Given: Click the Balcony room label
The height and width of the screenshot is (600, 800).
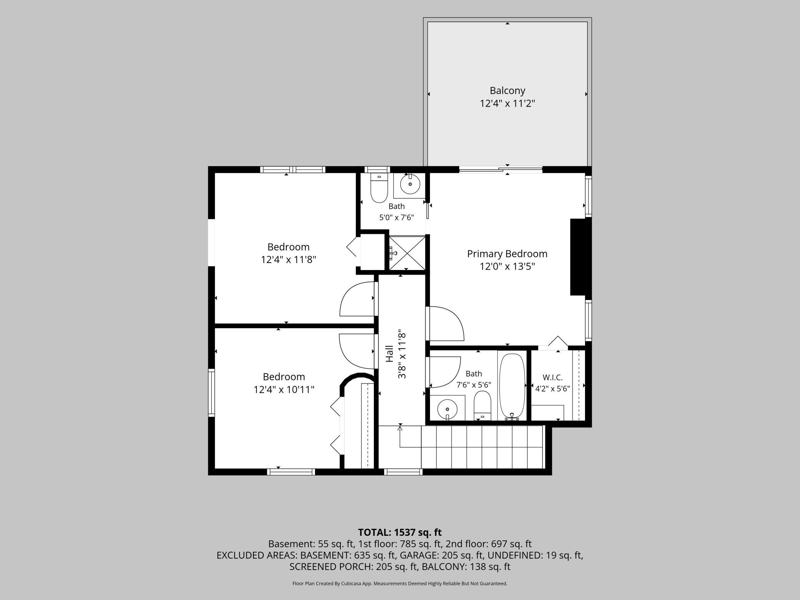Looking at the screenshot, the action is (507, 91).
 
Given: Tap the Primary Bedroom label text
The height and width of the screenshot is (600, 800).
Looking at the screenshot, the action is (507, 254).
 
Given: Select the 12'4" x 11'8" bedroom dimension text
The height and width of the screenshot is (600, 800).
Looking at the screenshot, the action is (288, 260).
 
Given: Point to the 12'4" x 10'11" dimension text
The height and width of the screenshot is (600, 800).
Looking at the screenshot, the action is (284, 390).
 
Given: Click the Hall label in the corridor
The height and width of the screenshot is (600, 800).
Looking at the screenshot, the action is (390, 353).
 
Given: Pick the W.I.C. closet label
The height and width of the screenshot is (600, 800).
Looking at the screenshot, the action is (552, 377).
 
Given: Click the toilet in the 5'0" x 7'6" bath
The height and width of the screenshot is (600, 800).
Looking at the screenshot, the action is (379, 188).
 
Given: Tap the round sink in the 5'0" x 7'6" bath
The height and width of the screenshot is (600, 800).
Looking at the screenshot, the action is (410, 184).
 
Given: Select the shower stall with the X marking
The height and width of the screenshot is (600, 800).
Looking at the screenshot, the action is (407, 253).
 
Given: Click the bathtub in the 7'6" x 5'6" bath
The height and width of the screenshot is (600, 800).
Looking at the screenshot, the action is (512, 386).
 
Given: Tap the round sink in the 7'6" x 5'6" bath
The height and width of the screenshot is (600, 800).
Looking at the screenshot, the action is (447, 407).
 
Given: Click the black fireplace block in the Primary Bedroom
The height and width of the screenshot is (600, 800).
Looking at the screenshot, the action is (580, 257).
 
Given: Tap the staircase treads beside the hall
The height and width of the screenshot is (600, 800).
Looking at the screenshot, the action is (482, 447).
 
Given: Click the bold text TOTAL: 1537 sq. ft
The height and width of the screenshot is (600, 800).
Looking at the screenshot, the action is (400, 532).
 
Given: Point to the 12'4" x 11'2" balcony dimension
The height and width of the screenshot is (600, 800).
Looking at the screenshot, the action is (507, 103).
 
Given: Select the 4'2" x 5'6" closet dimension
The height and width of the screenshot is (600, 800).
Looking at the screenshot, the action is (552, 388).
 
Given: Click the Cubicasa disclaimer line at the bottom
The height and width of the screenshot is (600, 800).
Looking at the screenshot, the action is (400, 583).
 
